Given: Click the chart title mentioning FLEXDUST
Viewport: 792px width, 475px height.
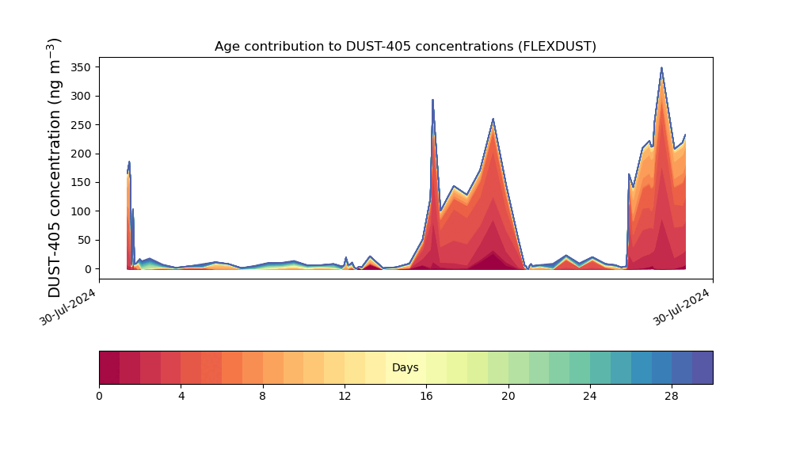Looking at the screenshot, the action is coord(405,47).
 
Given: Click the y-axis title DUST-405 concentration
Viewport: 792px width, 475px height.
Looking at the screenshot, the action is coord(54,168).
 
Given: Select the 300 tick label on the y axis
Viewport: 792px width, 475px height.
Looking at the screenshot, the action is coord(81,96).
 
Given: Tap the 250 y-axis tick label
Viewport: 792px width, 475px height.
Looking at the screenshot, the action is coord(81,124).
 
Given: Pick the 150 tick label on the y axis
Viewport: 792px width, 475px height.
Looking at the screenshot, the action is coord(81,182).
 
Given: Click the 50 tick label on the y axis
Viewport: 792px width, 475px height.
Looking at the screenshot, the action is coord(85,241).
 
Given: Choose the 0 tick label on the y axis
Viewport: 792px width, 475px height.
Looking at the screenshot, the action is coord(89,269).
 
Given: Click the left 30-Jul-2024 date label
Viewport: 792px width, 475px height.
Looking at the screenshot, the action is coord(67,307).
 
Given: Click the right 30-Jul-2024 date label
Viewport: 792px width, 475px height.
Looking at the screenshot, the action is coord(681,307).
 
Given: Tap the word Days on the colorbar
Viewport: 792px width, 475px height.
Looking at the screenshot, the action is coord(405,367).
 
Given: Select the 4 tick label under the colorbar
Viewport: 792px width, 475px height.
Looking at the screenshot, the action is coord(181,397).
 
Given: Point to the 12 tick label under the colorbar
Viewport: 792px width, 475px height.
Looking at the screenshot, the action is coord(345,397).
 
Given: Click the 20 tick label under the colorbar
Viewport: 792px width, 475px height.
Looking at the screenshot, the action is coord(508,397).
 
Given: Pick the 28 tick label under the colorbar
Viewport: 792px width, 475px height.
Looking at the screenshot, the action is coord(672,397).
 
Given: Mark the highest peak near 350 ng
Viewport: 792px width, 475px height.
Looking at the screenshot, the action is coord(661,67).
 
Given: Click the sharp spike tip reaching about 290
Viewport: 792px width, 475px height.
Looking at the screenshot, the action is coord(433,100).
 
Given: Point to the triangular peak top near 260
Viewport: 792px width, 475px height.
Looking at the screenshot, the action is coord(493,119).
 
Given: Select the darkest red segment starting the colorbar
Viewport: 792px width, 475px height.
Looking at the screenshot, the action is coord(109,367).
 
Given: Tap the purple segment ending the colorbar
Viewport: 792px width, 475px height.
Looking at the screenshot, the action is coord(703,367).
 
